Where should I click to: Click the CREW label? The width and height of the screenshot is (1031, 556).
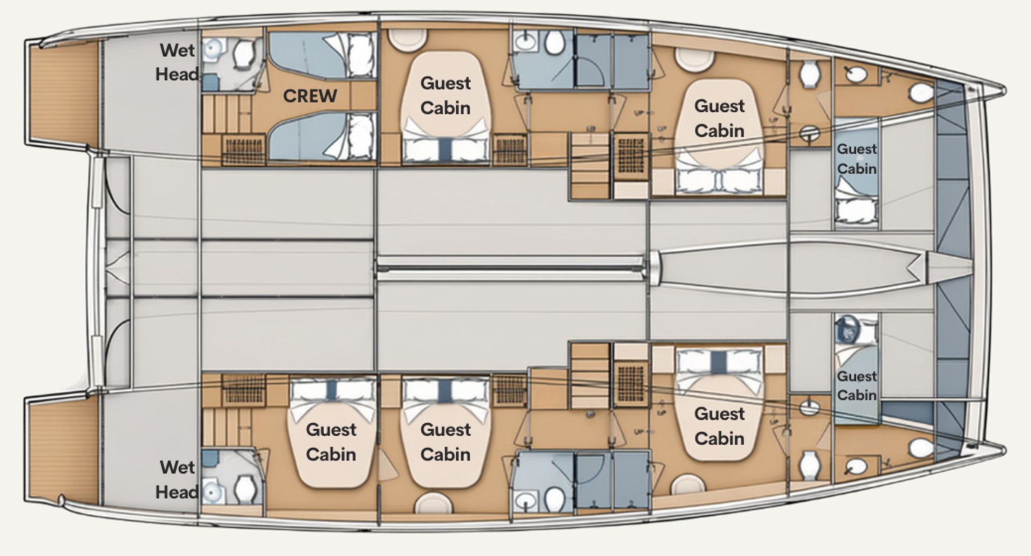310,96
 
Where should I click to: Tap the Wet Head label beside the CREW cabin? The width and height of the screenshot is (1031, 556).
177,62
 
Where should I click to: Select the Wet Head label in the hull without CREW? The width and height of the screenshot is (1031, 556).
177,479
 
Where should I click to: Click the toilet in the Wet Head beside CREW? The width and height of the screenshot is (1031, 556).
245,53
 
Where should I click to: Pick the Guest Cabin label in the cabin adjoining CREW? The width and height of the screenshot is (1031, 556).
445,96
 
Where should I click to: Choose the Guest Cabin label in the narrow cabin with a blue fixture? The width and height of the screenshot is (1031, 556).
856,385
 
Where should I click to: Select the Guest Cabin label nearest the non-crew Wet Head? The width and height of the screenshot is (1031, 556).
331,442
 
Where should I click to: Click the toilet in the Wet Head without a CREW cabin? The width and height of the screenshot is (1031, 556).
245,488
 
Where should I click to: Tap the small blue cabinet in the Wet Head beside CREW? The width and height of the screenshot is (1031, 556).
210,82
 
